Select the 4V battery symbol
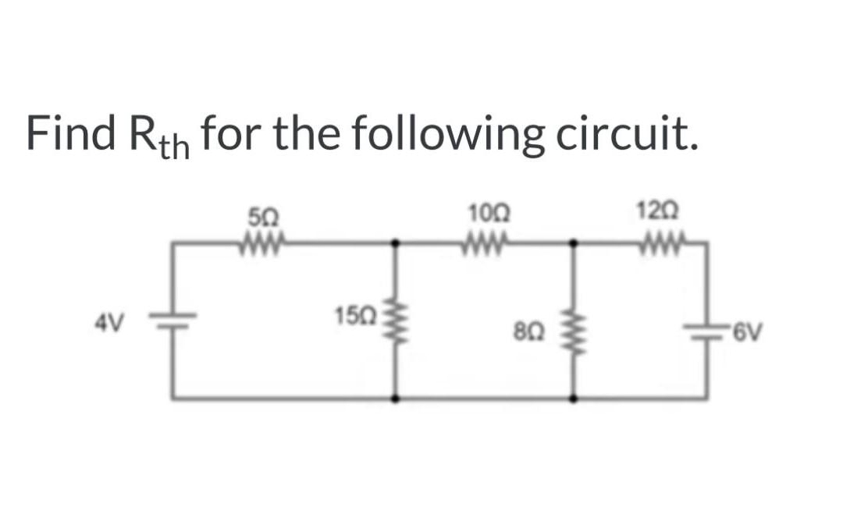(173, 322)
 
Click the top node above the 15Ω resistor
(397, 243)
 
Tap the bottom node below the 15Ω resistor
(397, 398)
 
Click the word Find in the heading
(69, 133)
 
